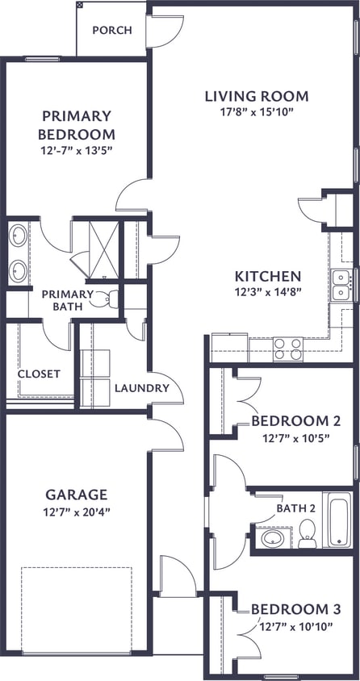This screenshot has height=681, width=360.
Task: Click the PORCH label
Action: [111, 31]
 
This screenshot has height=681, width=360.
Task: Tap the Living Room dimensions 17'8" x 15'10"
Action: [256, 113]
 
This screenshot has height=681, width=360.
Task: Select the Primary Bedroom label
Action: [77, 125]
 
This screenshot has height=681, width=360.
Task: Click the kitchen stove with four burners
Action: [287, 349]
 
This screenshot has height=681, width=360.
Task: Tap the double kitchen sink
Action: [342, 284]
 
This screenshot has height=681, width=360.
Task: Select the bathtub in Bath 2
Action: [337, 519]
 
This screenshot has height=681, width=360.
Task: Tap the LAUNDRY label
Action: [141, 388]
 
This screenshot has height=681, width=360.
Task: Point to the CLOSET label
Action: [39, 374]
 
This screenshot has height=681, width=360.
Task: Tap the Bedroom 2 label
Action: [293, 420]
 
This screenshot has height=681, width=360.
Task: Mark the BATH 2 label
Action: [295, 508]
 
